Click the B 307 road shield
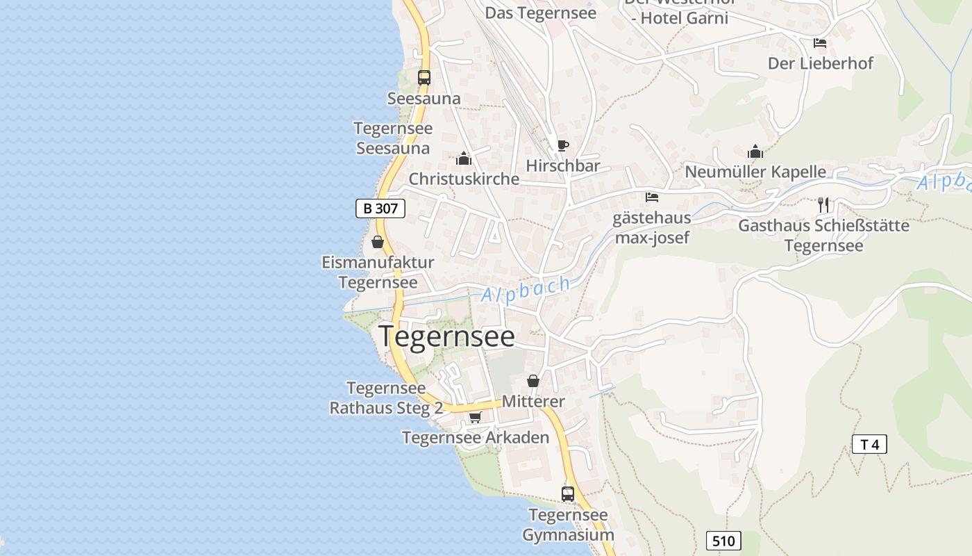click(x=380, y=208)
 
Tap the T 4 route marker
click(x=869, y=444)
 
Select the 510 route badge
click(x=723, y=541)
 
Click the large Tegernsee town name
click(x=446, y=336)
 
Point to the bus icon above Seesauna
click(x=424, y=77)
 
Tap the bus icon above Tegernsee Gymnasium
click(x=568, y=493)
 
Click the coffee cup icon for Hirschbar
click(x=562, y=145)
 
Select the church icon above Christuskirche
click(x=464, y=158)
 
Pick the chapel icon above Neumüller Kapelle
click(x=755, y=151)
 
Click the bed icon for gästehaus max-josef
click(x=651, y=197)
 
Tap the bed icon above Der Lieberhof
click(x=820, y=42)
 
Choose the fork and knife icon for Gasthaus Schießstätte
click(x=823, y=204)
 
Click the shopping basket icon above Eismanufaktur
click(x=378, y=242)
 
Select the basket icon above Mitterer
click(x=533, y=381)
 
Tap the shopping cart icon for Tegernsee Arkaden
click(x=475, y=417)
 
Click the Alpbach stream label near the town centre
click(x=526, y=290)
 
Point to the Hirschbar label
click(x=562, y=166)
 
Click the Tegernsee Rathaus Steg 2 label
click(x=386, y=398)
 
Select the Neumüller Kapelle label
click(x=755, y=172)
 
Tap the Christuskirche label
click(x=464, y=179)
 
